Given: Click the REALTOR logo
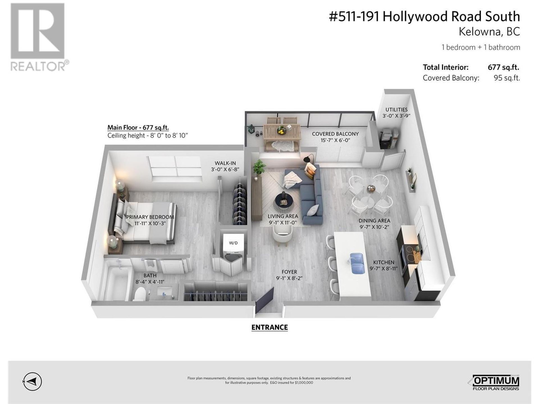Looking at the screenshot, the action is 39,37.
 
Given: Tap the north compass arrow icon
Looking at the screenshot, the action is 32,382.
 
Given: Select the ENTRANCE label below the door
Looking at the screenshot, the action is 269,327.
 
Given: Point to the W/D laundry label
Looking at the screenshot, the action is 233,243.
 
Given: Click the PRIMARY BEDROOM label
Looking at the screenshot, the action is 150,217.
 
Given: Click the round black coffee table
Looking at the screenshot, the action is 284,201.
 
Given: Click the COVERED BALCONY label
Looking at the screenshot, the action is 335,134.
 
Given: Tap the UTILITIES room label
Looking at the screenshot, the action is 396,110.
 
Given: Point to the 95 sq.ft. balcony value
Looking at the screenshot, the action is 507,78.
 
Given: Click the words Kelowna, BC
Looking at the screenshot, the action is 489,32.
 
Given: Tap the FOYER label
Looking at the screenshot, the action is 289,272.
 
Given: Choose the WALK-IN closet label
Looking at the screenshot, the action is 225,163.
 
